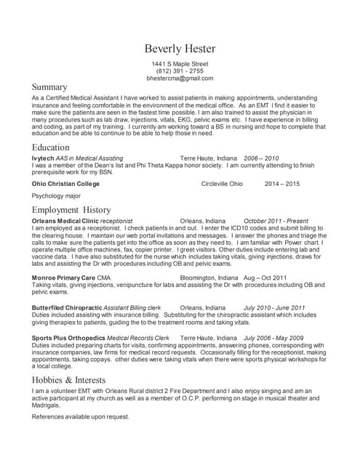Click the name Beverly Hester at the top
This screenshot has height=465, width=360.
click(x=180, y=49)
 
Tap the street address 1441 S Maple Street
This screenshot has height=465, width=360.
click(x=180, y=64)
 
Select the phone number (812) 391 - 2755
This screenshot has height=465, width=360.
click(x=180, y=71)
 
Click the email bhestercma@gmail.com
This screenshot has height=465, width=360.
click(x=180, y=78)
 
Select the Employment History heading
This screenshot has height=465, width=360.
click(x=71, y=210)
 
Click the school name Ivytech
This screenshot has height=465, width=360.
click(x=43, y=158)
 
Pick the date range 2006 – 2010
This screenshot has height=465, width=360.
click(x=261, y=158)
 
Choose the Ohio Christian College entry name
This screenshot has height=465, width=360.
click(x=66, y=184)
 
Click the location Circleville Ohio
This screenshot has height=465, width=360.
click(x=222, y=184)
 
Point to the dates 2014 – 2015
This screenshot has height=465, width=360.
click(x=282, y=184)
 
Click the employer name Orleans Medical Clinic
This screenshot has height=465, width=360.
click(x=65, y=220)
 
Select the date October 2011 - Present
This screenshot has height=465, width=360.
click(x=276, y=220)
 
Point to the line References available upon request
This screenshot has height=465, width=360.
click(x=81, y=417)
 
